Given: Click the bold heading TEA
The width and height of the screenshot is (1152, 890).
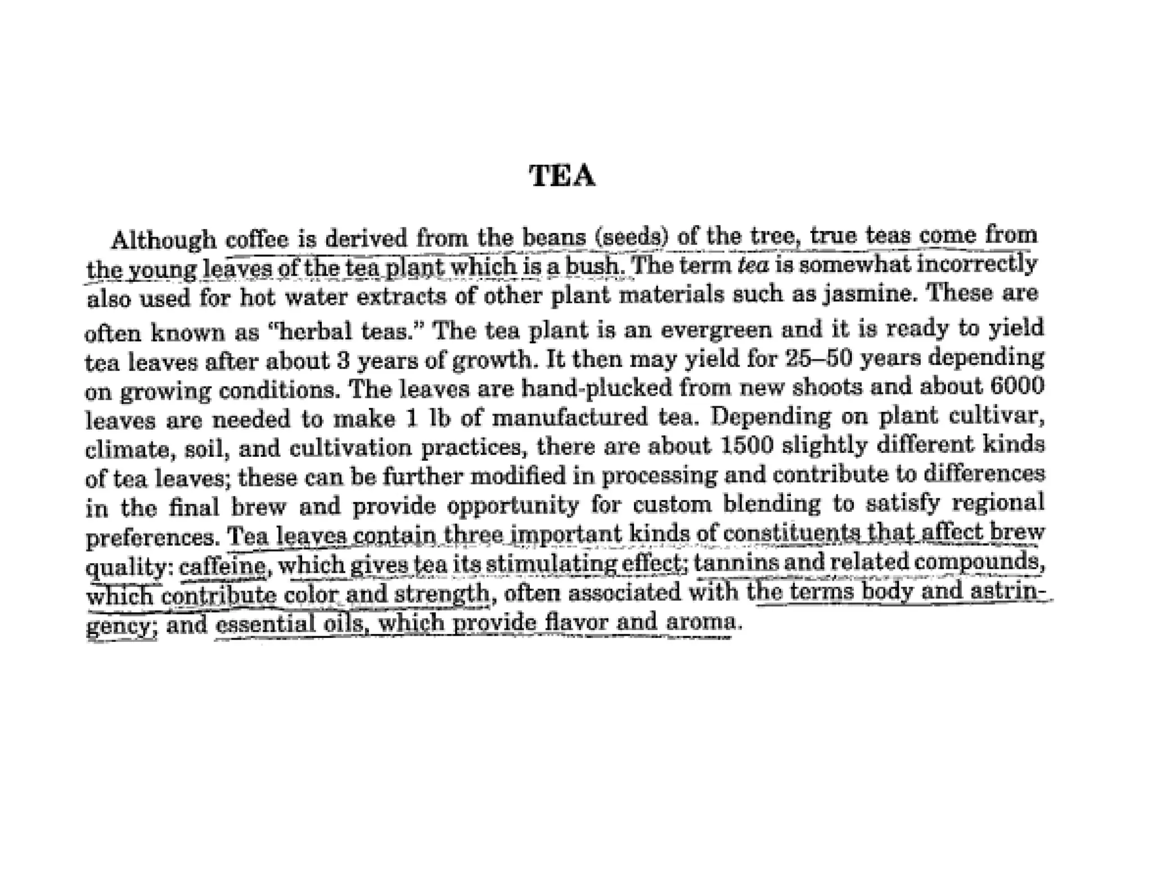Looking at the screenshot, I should [x=562, y=176].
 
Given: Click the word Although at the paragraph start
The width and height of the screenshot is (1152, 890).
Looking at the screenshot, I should [x=164, y=240].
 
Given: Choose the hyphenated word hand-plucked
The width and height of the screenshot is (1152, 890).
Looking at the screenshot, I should [x=590, y=388].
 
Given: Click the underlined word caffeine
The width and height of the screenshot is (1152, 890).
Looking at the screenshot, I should [x=222, y=565].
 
